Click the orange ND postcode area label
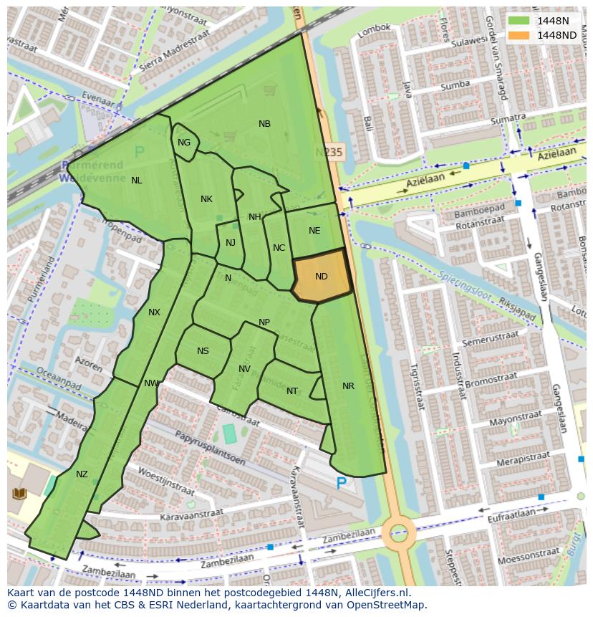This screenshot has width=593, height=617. (322, 277)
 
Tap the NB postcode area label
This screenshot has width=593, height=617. (264, 124)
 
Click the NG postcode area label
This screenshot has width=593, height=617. (184, 143)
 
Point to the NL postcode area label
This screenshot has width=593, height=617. (136, 181)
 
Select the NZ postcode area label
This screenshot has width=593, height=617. (82, 474)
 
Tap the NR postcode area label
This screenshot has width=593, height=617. (348, 386)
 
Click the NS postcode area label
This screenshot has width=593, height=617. (203, 351)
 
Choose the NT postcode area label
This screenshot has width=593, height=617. (291, 391)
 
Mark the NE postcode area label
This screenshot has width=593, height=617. (314, 231)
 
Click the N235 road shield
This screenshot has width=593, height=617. (329, 153)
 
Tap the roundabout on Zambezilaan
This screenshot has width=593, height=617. (398, 532)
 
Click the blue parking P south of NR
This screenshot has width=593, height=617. (342, 484)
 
